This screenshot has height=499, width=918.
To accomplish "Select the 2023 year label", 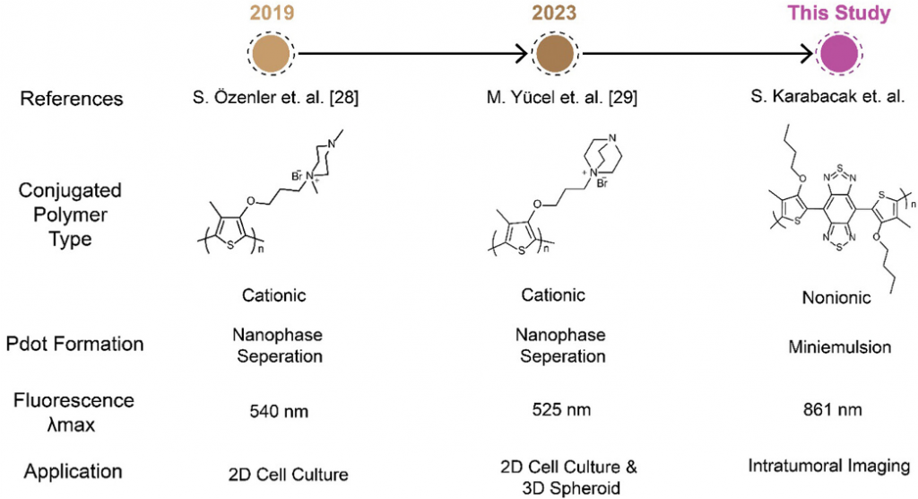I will click(554, 14).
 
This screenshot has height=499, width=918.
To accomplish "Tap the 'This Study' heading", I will click(839, 13).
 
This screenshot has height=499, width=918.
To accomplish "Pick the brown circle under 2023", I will click(554, 55).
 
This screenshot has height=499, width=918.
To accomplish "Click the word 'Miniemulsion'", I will click(830, 345).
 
